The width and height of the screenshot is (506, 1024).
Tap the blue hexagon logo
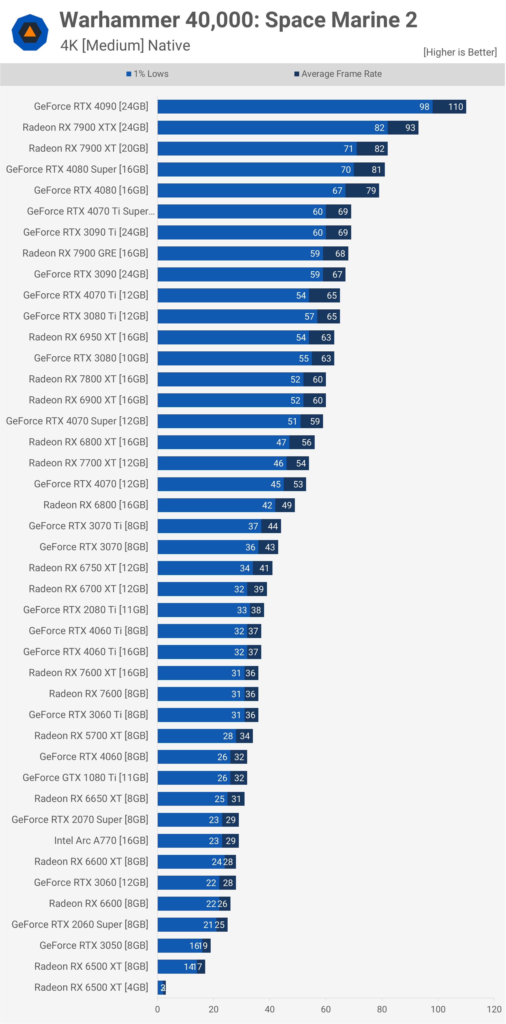click(x=30, y=32)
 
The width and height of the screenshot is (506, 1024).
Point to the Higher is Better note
click(x=460, y=52)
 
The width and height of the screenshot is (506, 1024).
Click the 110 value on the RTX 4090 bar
click(x=455, y=107)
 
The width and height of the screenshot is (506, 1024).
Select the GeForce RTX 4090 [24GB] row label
click(x=91, y=107)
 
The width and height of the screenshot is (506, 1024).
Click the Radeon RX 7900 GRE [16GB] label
click(x=85, y=253)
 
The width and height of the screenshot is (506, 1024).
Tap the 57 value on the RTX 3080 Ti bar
click(x=309, y=317)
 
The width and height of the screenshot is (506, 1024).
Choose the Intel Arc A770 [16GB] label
click(x=101, y=840)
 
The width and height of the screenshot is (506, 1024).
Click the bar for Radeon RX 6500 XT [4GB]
click(x=161, y=988)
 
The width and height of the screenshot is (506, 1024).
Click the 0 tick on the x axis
click(x=157, y=1009)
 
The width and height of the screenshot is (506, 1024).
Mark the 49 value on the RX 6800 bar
click(x=287, y=505)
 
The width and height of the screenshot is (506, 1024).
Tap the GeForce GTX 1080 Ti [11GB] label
click(x=85, y=778)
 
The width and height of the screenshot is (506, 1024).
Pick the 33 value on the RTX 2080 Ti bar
click(x=242, y=610)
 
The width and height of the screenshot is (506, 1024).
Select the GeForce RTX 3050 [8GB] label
click(x=94, y=945)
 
